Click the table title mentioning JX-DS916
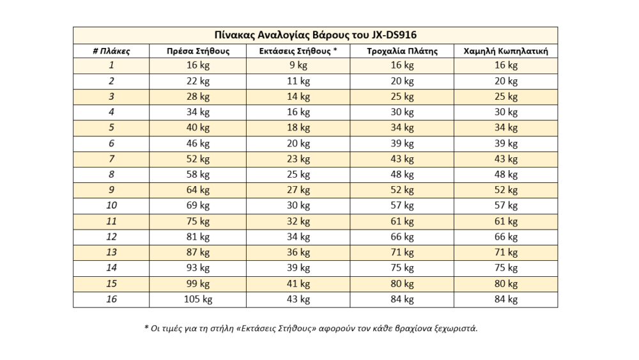(315, 35)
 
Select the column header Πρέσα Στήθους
(197, 51)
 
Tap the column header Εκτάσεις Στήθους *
(298, 51)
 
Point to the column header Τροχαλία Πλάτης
(402, 51)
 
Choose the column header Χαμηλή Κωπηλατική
(505, 51)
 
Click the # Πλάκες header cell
(111, 51)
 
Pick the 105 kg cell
(197, 299)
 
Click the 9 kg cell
(298, 65)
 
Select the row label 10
(111, 205)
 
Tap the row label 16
(111, 299)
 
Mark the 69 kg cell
(197, 205)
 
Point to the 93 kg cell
(197, 268)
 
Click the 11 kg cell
(298, 81)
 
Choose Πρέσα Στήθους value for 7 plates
(197, 159)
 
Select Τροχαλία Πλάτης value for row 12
(402, 237)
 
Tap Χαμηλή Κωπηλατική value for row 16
(505, 299)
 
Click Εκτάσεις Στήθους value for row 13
(298, 252)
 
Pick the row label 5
(111, 128)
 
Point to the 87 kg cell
(197, 252)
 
